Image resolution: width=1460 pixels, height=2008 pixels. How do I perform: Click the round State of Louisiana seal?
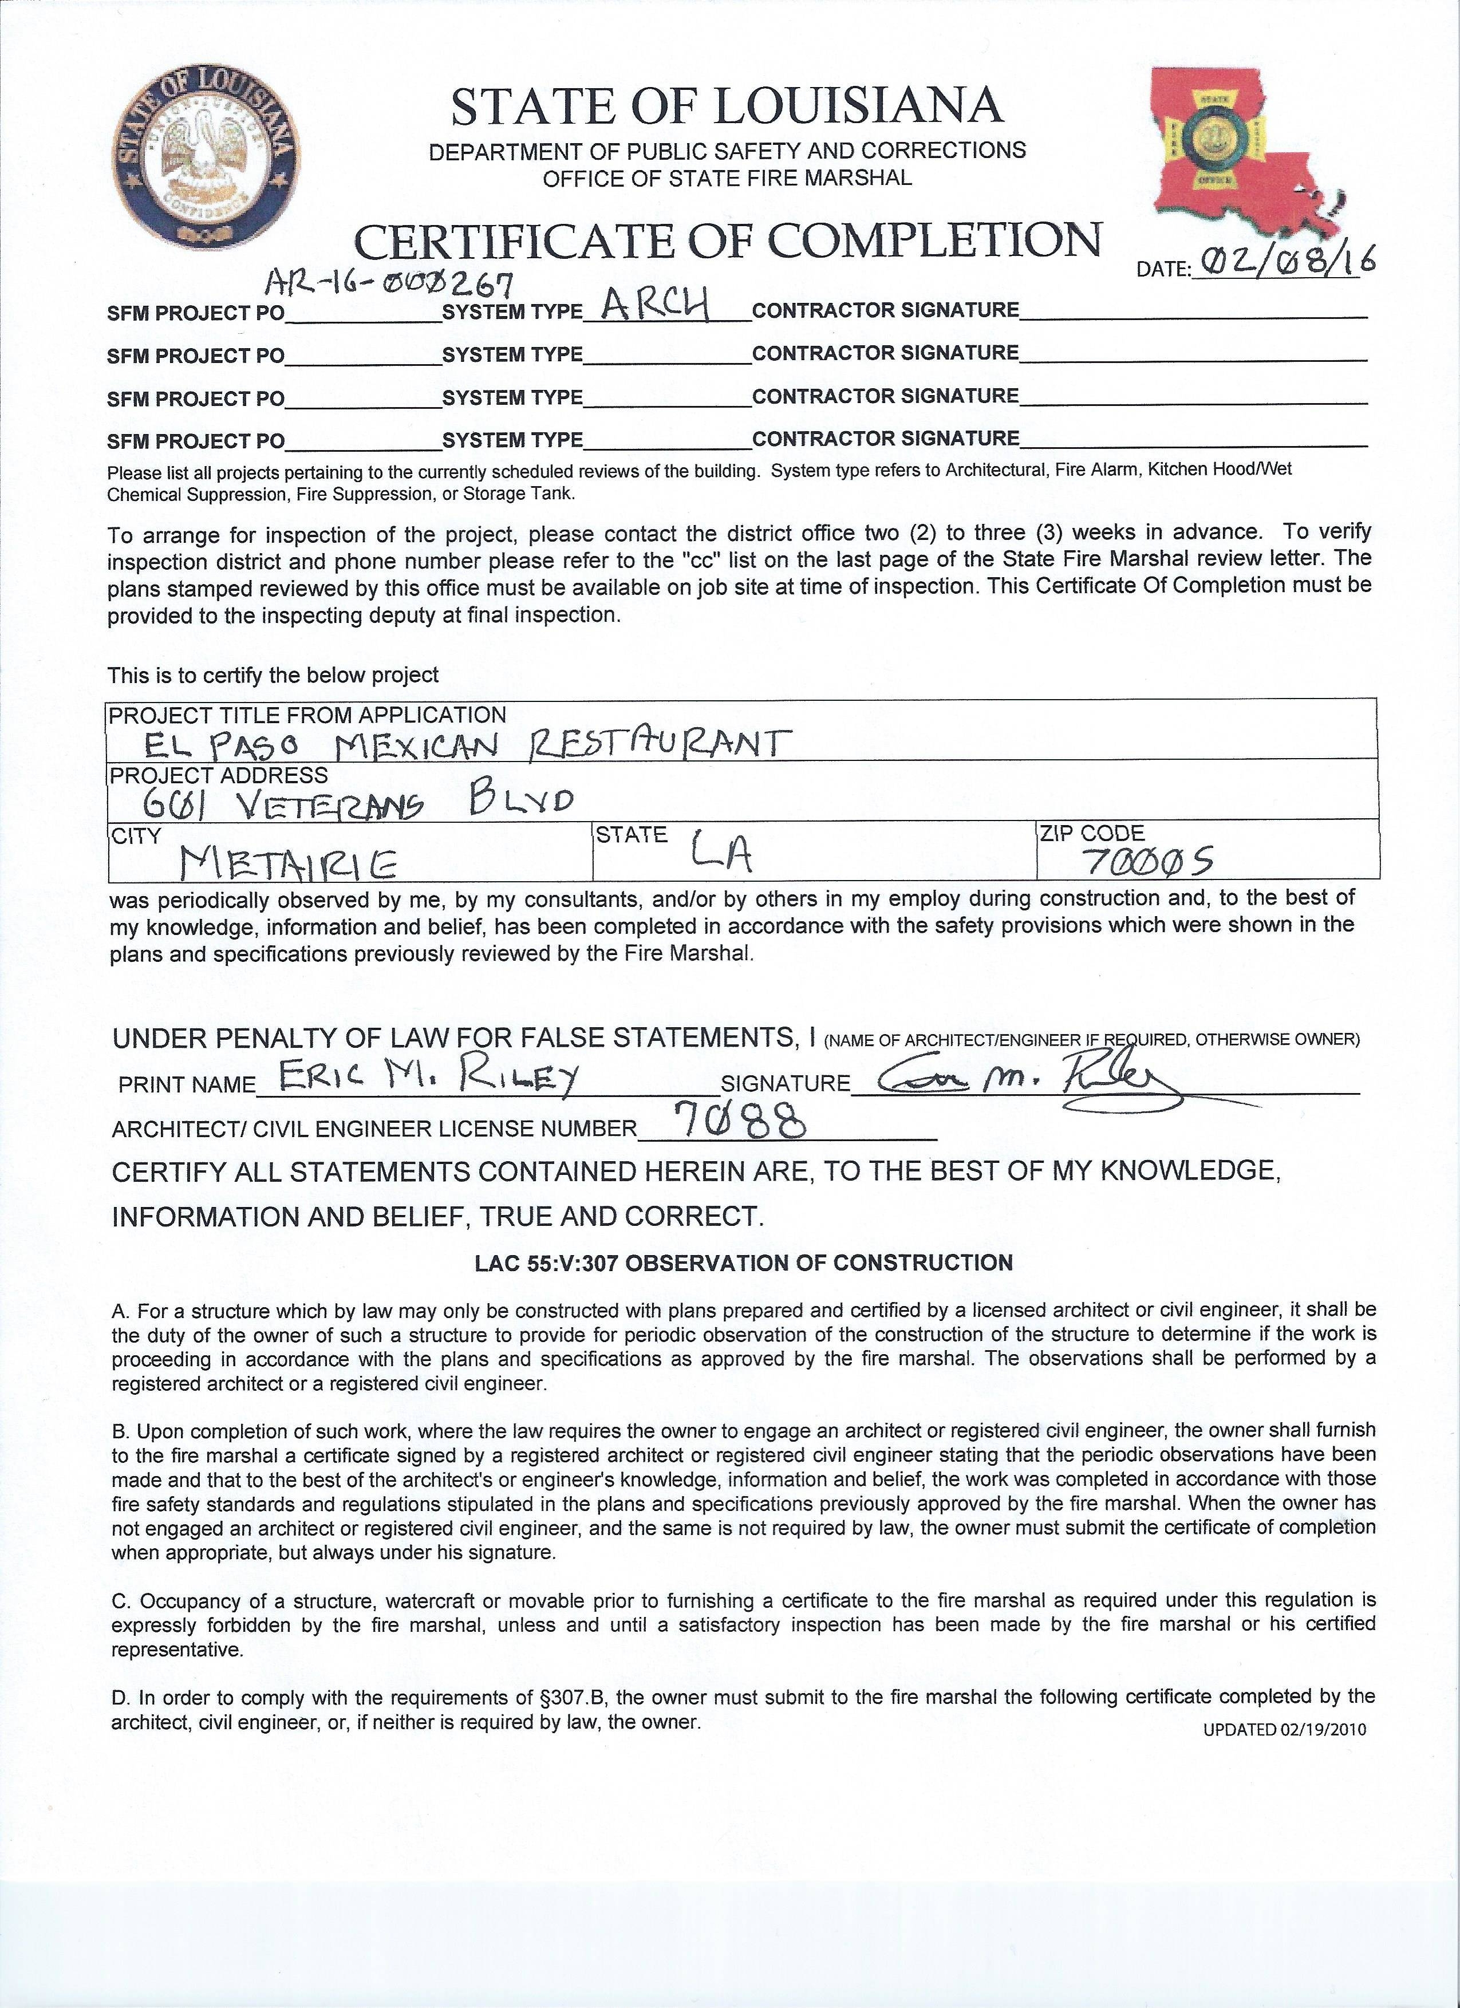[x=206, y=157]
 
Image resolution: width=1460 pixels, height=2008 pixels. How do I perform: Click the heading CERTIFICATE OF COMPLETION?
[x=728, y=241]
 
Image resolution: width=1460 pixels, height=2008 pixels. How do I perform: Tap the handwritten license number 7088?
[x=740, y=1123]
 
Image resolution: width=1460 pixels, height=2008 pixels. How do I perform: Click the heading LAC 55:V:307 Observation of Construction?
[x=744, y=1263]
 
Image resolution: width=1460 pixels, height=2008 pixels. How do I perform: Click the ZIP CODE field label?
[x=1092, y=833]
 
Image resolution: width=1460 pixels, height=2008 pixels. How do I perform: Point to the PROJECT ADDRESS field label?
[x=218, y=776]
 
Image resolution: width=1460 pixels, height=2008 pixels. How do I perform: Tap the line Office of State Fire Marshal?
[x=727, y=178]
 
